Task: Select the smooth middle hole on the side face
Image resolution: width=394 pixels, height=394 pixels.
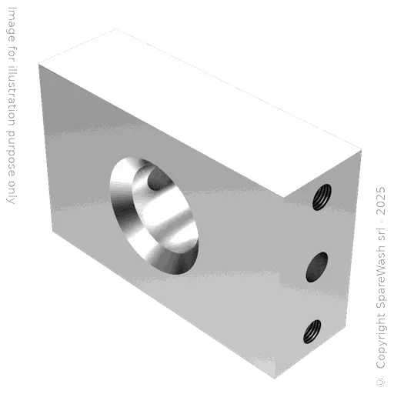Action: tap(316, 268)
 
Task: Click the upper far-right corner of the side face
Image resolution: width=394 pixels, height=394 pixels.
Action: tap(362, 155)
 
